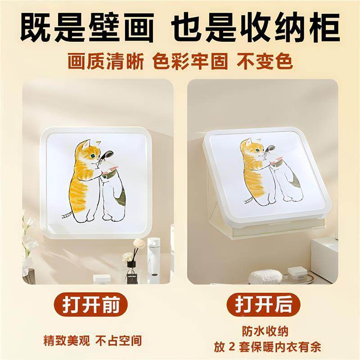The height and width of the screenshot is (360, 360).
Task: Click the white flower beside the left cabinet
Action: click(30, 245)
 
